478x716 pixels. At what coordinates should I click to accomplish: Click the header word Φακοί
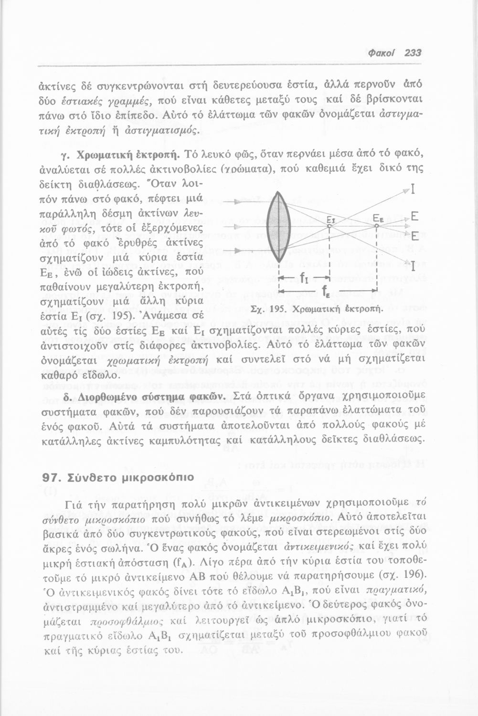[x=381, y=53]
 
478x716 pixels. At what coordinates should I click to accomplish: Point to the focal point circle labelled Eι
[x=329, y=226]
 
